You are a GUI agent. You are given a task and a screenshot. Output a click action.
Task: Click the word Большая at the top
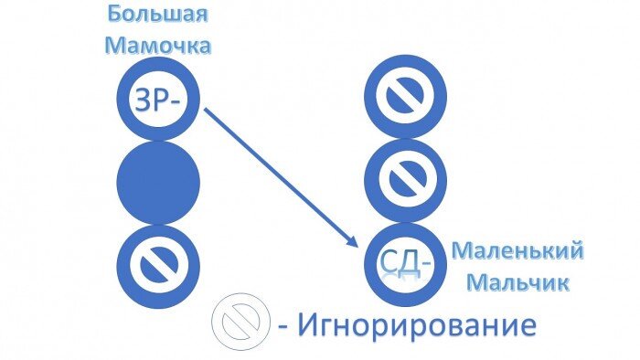pos(156,16)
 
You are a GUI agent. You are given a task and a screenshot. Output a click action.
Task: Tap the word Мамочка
pos(156,45)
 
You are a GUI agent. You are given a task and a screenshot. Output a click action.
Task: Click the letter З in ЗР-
pos(144,100)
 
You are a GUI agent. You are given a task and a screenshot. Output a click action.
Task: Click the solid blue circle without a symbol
pos(157,180)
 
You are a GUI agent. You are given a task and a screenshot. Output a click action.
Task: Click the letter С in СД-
pos(389,264)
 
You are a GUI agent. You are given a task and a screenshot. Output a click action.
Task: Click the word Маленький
pos(517,250)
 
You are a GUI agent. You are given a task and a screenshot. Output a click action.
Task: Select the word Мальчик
pos(517,281)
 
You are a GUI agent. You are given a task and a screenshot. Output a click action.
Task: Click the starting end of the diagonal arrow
pos(206,110)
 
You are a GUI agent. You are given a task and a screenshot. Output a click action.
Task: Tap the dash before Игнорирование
pos(283,326)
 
